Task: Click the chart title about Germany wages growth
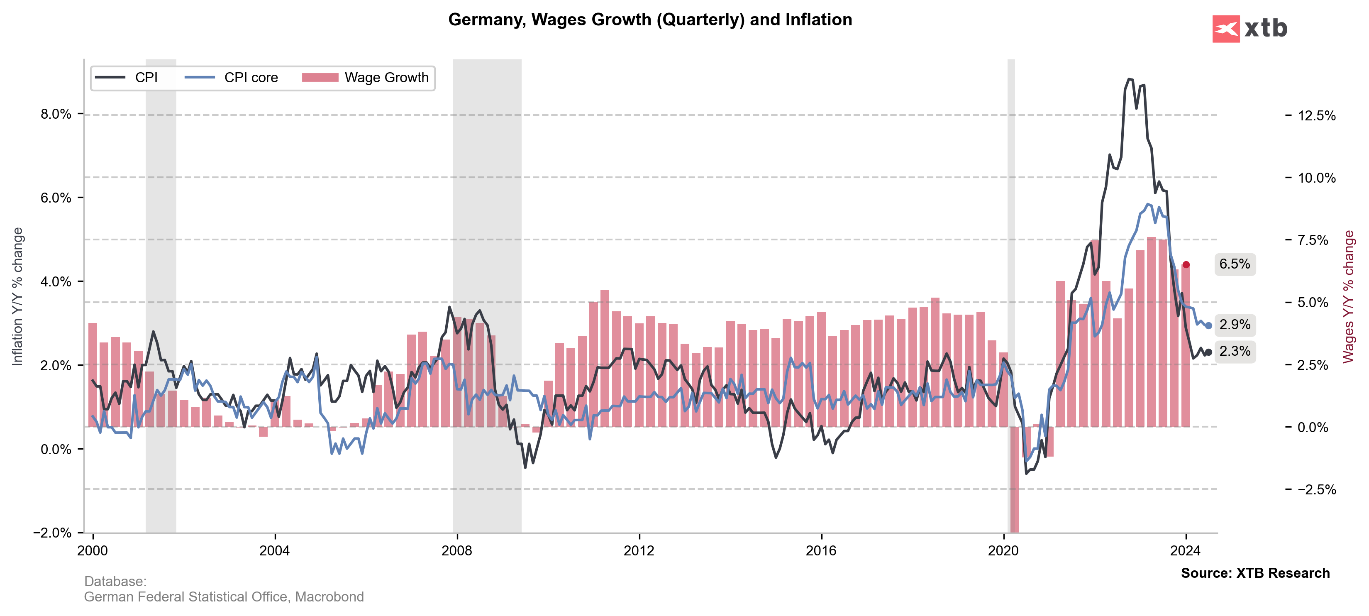(649, 20)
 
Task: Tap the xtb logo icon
(1225, 29)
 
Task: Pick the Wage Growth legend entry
(366, 78)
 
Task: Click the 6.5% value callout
(1235, 264)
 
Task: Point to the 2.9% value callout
(1235, 325)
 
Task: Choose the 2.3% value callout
(1235, 351)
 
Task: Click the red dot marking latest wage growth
(1186, 265)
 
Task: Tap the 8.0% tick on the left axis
(56, 114)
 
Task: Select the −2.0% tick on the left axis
(52, 533)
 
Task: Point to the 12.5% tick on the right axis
(1316, 116)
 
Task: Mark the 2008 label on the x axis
(456, 551)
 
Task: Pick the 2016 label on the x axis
(821, 551)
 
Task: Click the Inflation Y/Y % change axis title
(17, 296)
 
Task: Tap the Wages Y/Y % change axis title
(1348, 296)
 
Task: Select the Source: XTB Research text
(1255, 573)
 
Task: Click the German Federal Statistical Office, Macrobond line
(224, 597)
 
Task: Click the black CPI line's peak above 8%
(1128, 79)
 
